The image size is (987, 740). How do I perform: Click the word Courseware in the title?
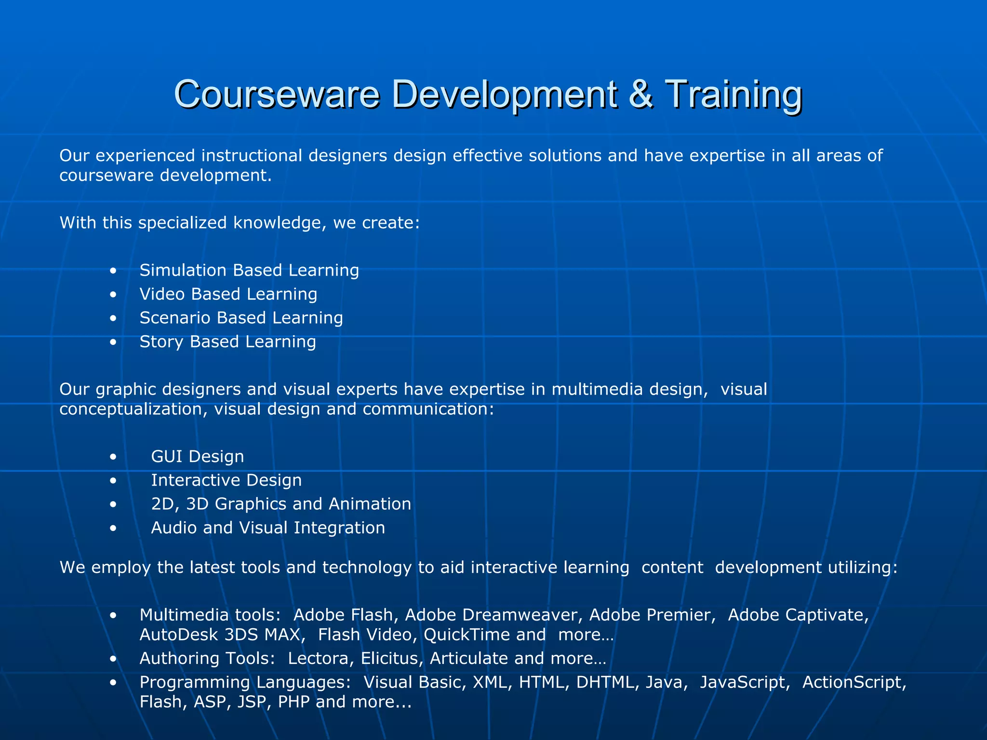(277, 94)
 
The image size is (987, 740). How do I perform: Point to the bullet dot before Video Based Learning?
(113, 295)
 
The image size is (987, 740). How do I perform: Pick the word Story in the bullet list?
(161, 342)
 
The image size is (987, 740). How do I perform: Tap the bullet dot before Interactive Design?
(113, 481)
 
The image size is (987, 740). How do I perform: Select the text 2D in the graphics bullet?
(162, 504)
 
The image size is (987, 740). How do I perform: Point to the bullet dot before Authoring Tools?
(113, 659)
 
